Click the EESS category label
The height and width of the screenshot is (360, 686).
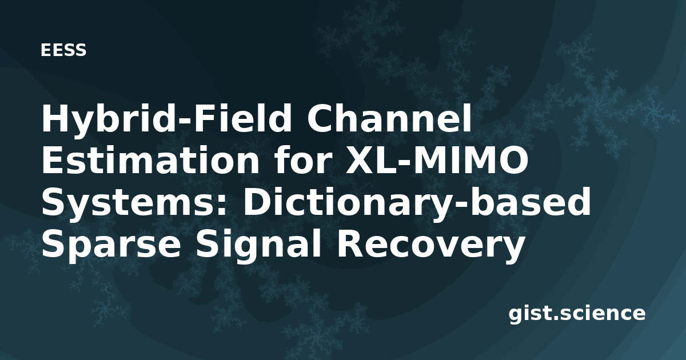tap(63, 50)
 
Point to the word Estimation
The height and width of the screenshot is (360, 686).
tap(150, 161)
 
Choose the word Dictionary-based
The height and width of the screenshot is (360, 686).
tap(416, 202)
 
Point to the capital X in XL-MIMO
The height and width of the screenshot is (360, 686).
tap(362, 160)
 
